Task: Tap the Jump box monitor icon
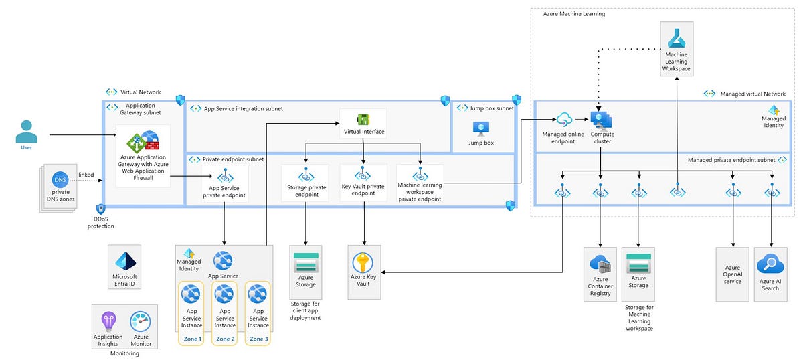480,128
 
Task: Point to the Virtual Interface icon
363,119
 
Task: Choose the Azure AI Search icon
770,266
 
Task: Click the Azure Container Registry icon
600,263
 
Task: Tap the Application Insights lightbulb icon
108,321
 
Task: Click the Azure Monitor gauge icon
141,321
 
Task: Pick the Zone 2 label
225,339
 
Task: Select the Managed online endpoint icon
563,120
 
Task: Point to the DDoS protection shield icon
100,209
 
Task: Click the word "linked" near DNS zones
86,175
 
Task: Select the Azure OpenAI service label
733,277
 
